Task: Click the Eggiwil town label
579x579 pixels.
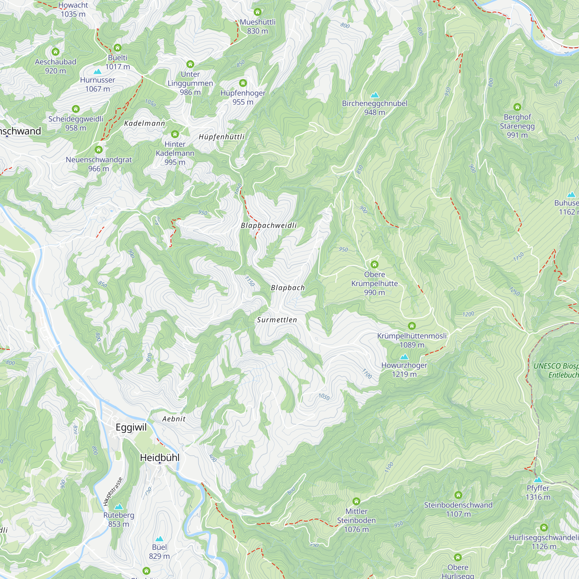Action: [x=131, y=427]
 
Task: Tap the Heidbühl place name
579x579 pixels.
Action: [x=160, y=458]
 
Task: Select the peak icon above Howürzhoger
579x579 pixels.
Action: [x=404, y=357]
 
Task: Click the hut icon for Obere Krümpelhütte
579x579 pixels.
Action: [x=374, y=264]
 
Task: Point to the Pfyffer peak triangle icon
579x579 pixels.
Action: [x=538, y=479]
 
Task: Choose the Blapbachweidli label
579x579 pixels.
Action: [x=269, y=225]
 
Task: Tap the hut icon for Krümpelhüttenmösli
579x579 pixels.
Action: [x=412, y=326]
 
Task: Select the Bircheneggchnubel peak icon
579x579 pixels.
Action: [x=374, y=95]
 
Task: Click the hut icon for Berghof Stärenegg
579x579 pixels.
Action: [x=517, y=107]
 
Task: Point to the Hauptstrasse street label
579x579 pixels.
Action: [x=113, y=492]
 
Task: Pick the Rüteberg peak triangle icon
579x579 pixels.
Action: [x=119, y=507]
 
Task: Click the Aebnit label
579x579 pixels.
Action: [x=174, y=419]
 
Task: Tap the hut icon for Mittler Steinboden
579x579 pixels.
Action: [x=356, y=501]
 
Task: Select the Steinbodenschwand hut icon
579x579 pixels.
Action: [x=458, y=495]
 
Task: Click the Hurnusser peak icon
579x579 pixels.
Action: [x=97, y=72]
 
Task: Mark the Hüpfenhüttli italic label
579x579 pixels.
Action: [x=221, y=137]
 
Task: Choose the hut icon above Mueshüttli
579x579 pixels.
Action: [x=257, y=12]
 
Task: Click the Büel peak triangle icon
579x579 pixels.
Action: [x=160, y=539]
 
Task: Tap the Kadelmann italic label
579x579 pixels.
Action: [x=144, y=123]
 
